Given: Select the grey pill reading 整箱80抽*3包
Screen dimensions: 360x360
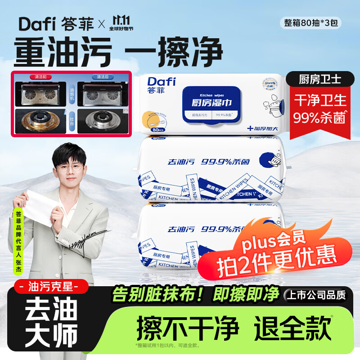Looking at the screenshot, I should pos(311,23).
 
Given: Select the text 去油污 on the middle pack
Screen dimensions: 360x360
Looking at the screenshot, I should pos(175,161).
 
